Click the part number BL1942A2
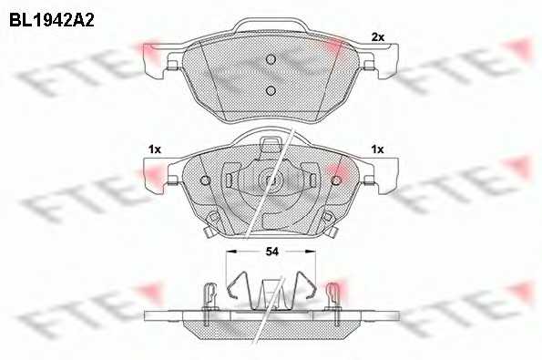[52, 21]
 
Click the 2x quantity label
[377, 37]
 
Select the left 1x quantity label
[155, 149]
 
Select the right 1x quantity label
[377, 149]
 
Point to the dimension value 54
[272, 252]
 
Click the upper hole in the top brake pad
[271, 59]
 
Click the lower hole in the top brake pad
[271, 90]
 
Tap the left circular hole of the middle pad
[205, 180]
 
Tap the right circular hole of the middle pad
[336, 180]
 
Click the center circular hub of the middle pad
[271, 180]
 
